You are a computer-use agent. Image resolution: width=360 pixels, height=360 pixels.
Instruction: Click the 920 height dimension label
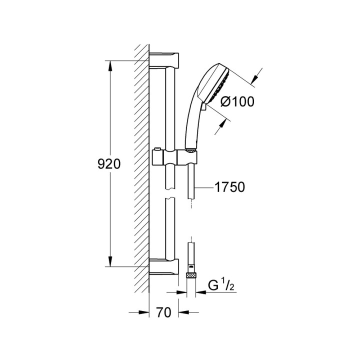[109, 164]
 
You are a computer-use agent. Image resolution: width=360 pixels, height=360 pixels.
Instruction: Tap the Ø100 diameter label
[237, 101]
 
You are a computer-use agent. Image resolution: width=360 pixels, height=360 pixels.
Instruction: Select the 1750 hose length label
[230, 187]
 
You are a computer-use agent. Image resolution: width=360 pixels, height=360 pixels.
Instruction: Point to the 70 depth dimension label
[163, 312]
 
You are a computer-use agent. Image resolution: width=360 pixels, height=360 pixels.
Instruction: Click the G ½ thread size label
[221, 285]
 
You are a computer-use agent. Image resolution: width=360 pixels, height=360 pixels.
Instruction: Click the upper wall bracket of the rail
[164, 60]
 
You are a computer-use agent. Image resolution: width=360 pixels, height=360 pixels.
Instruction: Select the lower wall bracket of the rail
[164, 266]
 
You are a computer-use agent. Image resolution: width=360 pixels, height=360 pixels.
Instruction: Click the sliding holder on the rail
[174, 157]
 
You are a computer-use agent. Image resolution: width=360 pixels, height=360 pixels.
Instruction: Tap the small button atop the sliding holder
[157, 149]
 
